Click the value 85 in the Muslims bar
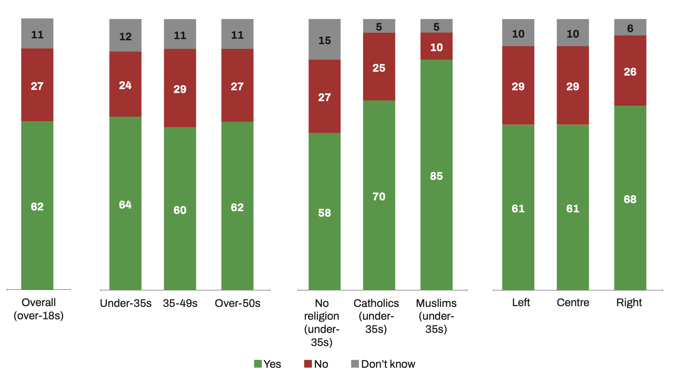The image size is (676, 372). click(x=436, y=176)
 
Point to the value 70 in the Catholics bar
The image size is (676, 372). click(x=379, y=196)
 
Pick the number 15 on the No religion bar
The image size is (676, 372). click(x=324, y=40)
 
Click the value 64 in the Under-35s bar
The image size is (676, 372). click(x=125, y=205)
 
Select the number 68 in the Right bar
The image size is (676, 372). click(x=630, y=199)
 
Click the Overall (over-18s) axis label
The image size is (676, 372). click(x=39, y=309)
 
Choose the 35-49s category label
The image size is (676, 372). click(x=180, y=303)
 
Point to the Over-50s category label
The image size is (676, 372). click(x=237, y=303)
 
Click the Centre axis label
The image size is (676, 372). click(x=573, y=303)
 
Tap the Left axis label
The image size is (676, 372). click(x=521, y=303)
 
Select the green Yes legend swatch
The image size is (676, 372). click(x=258, y=364)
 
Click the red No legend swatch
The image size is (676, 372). click(x=308, y=364)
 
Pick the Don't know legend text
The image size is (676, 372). click(x=388, y=364)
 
